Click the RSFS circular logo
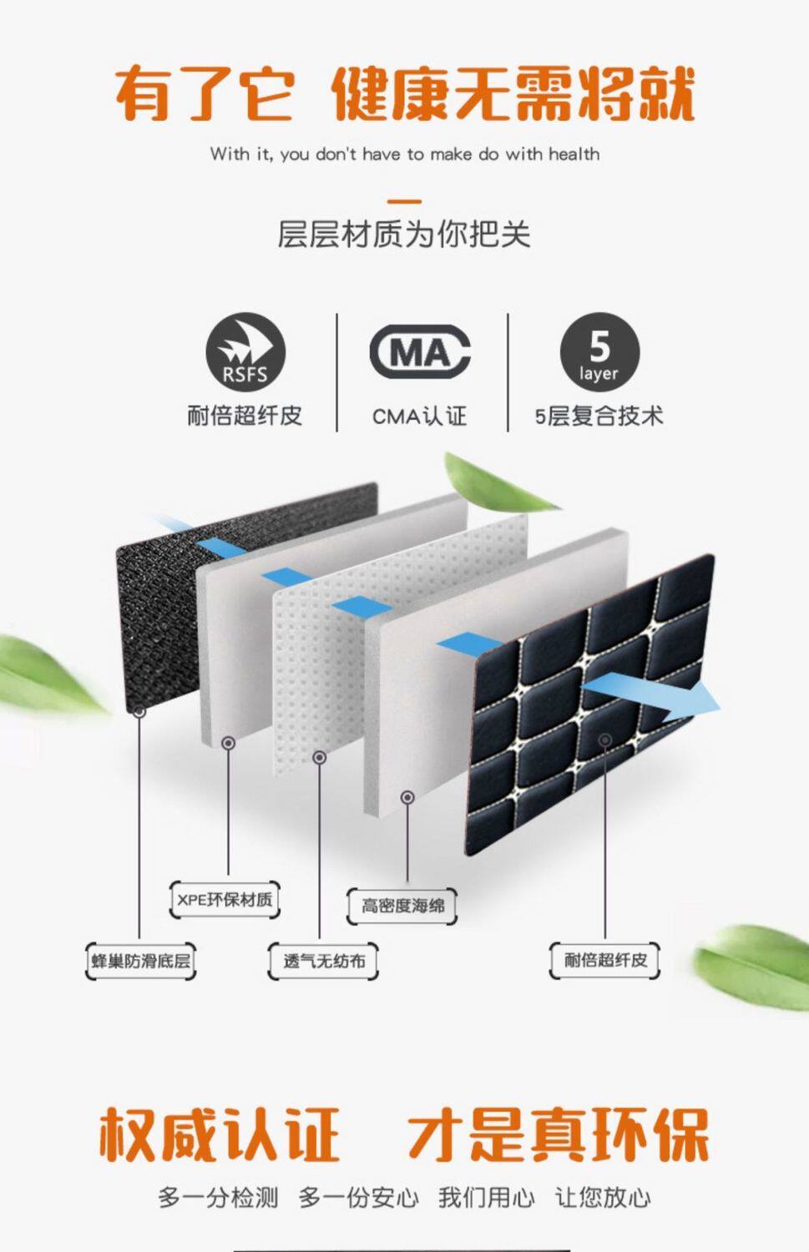click(245, 352)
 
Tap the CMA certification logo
click(419, 352)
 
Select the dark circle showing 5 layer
click(599, 352)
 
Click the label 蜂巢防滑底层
click(140, 961)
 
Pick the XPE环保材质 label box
click(225, 900)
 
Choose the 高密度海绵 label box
click(402, 906)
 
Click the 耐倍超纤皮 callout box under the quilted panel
click(605, 960)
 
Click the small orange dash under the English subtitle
click(405, 201)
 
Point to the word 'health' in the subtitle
click(574, 154)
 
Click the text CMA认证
click(419, 416)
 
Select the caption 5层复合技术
click(599, 416)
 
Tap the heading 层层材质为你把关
click(404, 235)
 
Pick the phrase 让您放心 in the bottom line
click(603, 1198)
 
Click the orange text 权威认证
click(219, 1135)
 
